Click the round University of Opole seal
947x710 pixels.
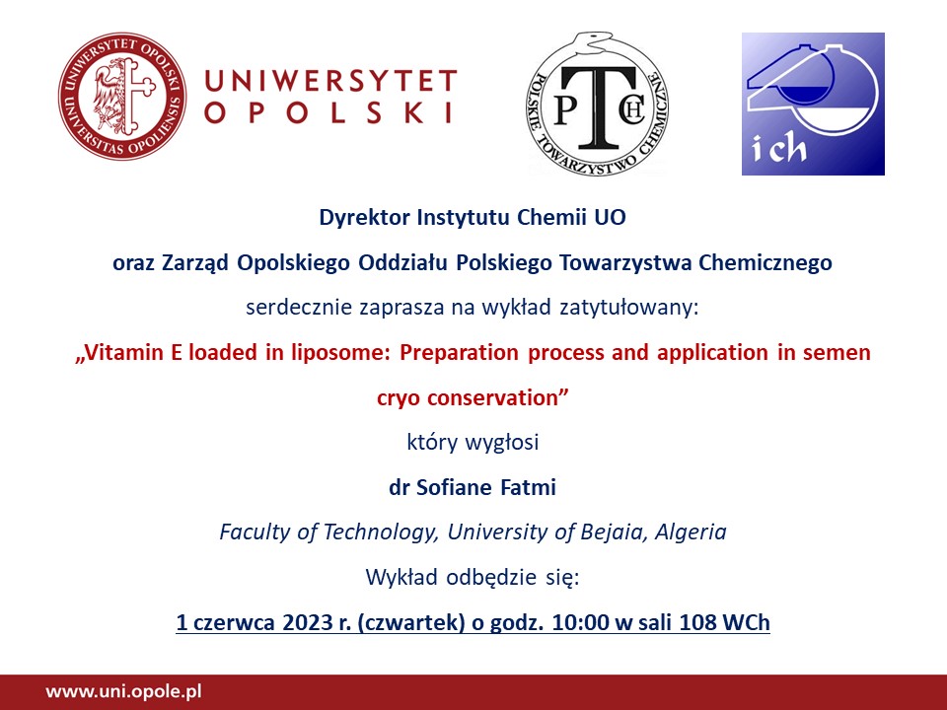(x=122, y=97)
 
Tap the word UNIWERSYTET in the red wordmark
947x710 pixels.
(x=330, y=81)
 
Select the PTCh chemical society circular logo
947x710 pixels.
(x=598, y=104)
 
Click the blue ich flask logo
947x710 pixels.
(x=813, y=104)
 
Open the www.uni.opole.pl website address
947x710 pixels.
(x=124, y=691)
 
